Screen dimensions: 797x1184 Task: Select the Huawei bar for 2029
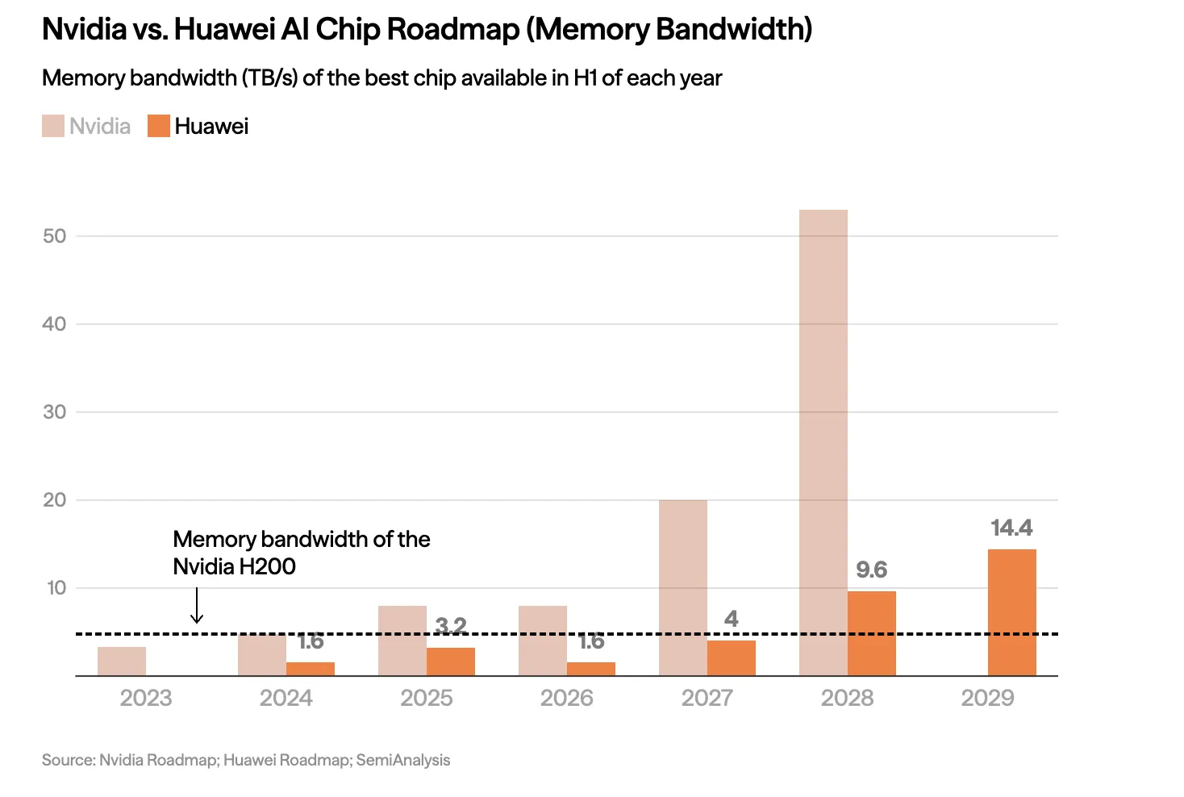pos(1011,612)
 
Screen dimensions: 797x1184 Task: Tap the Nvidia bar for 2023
pos(122,661)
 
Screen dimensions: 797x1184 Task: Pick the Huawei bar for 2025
pos(450,661)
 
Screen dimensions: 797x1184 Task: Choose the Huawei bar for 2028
pos(871,633)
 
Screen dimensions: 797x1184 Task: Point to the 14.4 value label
pos(1011,528)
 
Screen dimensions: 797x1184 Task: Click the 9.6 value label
pos(871,570)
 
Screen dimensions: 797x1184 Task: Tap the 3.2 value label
pos(450,625)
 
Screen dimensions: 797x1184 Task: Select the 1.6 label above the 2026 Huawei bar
pos(590,641)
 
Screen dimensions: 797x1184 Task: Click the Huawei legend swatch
pos(159,126)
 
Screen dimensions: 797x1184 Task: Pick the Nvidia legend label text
pos(100,126)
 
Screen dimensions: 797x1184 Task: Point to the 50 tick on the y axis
pos(55,236)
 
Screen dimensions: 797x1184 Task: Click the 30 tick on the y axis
pos(55,411)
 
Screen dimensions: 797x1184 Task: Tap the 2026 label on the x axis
pos(566,698)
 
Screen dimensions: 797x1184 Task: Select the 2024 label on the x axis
pos(286,698)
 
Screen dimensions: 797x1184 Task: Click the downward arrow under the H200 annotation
pos(197,606)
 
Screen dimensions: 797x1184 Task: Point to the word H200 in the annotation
pos(267,566)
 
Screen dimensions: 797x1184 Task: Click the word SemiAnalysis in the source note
pos(403,760)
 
